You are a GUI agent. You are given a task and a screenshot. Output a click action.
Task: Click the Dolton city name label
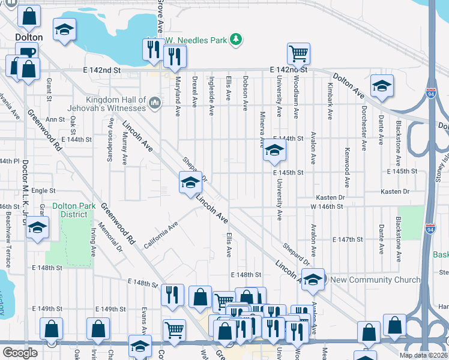[x=29, y=37]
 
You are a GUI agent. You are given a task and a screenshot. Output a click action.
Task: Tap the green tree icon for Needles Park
[x=237, y=40]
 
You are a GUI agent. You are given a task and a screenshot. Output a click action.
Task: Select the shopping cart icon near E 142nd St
[x=298, y=54]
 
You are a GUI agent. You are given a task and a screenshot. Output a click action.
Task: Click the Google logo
[x=20, y=352]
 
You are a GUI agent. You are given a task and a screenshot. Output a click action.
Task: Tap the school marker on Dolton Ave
[x=381, y=86]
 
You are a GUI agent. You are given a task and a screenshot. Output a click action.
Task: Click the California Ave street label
[x=160, y=231]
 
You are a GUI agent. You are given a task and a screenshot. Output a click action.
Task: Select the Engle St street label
[x=43, y=191]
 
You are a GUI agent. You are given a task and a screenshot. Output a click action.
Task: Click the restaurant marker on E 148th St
[x=173, y=295]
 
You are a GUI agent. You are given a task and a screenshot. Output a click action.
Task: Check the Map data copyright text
[x=423, y=355]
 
